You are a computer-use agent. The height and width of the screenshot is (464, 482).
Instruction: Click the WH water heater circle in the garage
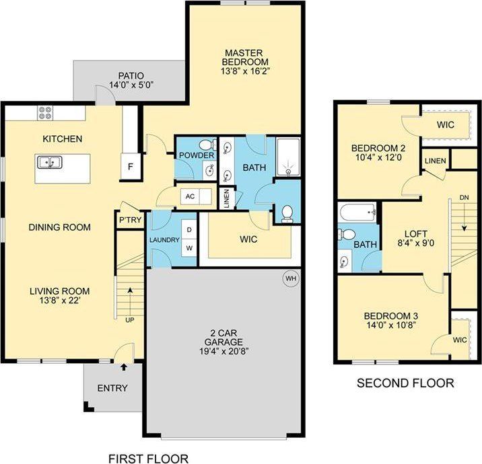290,278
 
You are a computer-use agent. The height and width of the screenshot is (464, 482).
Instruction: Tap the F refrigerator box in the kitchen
126,166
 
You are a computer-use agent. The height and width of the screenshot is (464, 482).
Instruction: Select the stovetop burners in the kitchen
46,113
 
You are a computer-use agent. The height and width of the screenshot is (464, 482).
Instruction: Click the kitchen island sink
47,162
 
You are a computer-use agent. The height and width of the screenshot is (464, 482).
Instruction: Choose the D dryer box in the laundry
188,230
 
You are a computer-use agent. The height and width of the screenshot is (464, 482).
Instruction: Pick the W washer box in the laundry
188,247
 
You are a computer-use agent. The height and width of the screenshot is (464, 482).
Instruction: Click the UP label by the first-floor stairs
129,319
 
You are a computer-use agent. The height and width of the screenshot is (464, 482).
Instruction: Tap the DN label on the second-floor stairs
464,196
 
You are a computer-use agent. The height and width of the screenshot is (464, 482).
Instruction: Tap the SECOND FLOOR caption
405,383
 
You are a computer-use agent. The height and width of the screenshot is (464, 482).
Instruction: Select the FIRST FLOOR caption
148,459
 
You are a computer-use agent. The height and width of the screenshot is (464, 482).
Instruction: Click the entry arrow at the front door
124,366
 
